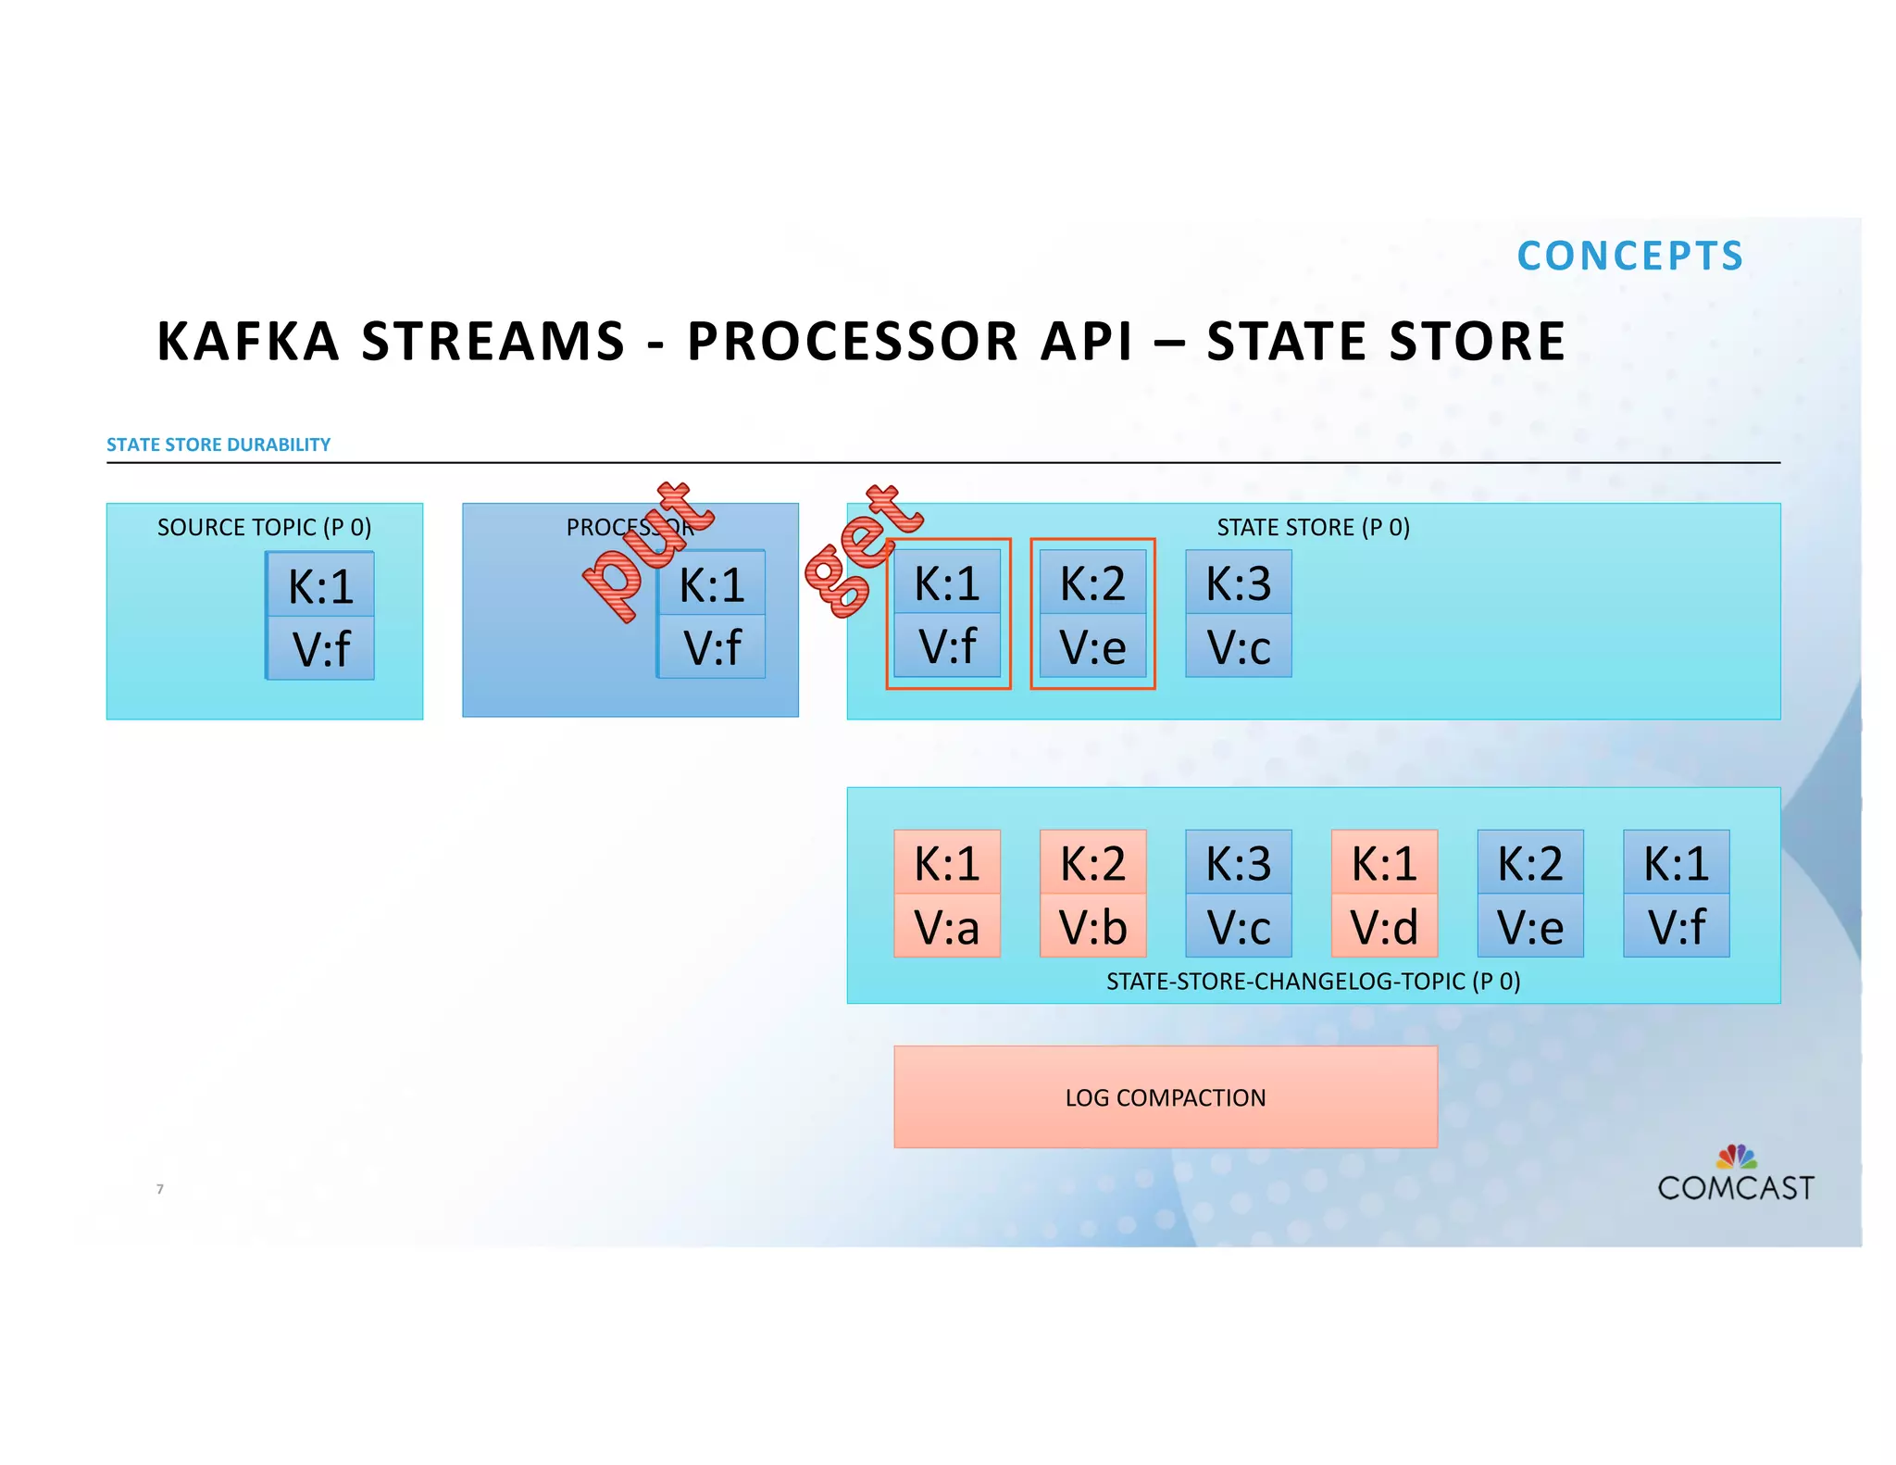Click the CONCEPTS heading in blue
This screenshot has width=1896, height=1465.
pos(1629,257)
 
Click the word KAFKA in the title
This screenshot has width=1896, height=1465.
pos(248,341)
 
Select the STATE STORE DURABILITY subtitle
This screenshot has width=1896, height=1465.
pos(218,445)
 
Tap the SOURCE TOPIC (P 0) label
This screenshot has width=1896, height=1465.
pos(264,527)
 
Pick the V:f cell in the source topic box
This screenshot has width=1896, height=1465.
pos(320,648)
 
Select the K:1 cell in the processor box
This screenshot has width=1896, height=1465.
pos(712,585)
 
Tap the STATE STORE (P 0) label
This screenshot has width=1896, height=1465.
pos(1313,527)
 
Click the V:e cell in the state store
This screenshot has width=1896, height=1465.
pos(1092,646)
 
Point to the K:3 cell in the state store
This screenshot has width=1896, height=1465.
pos(1238,583)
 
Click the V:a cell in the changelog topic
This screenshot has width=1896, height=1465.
pos(946,926)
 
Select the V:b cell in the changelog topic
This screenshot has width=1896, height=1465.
pos(1092,926)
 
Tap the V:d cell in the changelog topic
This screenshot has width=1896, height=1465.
pos(1384,926)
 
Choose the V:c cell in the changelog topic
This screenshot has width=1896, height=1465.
pos(1238,926)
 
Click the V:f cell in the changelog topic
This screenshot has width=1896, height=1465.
pos(1676,926)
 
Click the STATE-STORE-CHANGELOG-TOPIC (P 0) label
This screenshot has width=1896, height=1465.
pos(1313,981)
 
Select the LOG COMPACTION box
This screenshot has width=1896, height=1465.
pos(1165,1097)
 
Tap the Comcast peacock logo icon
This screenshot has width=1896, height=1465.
pos(1736,1157)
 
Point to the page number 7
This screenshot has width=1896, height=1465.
pos(160,1189)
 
